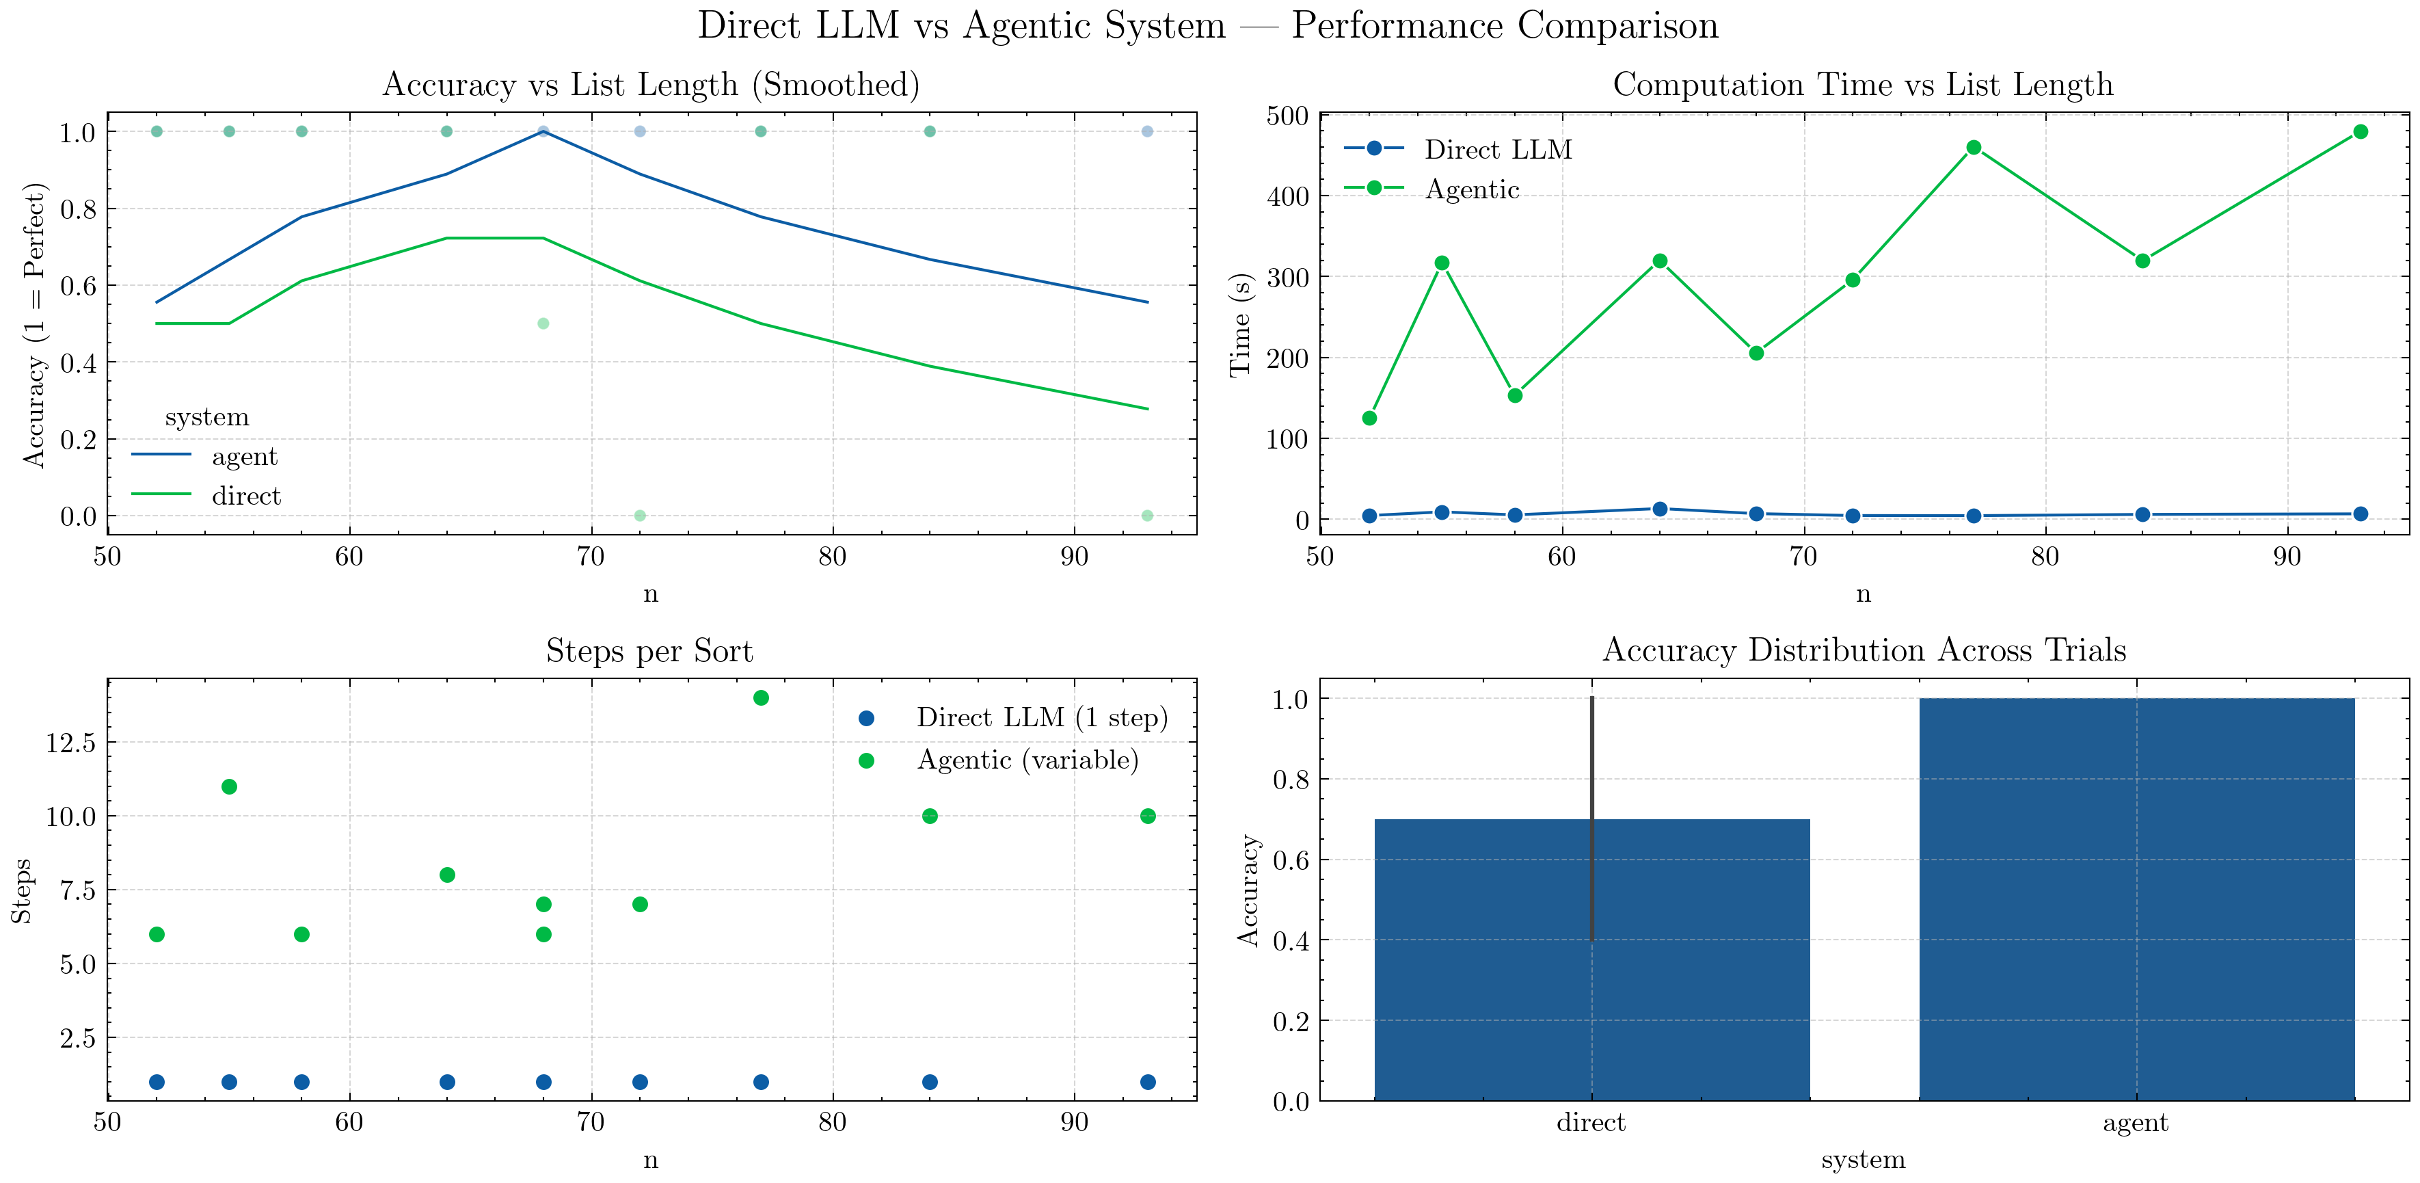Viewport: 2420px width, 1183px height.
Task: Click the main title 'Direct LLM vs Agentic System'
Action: pos(1208,25)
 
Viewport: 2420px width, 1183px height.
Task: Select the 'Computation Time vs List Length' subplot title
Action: pos(1863,85)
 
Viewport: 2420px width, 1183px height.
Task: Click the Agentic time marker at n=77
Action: pos(1974,148)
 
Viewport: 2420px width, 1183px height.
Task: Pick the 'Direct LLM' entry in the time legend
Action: pos(1498,149)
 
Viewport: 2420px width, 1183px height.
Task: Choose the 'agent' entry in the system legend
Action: pos(244,457)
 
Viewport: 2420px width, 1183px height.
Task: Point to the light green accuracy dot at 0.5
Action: pos(543,323)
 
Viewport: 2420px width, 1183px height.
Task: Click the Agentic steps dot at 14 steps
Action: pos(761,698)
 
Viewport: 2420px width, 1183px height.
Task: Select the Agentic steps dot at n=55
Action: pos(229,786)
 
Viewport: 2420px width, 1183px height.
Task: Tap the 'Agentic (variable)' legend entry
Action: pos(1027,760)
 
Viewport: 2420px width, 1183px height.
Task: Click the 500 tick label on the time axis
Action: pos(1287,116)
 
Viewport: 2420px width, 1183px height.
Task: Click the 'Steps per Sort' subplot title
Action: pos(649,651)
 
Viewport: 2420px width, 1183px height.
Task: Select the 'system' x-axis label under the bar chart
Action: pos(1863,1160)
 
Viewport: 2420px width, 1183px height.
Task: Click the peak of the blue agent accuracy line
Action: pos(543,131)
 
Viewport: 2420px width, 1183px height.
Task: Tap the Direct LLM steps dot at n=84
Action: pos(930,1082)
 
